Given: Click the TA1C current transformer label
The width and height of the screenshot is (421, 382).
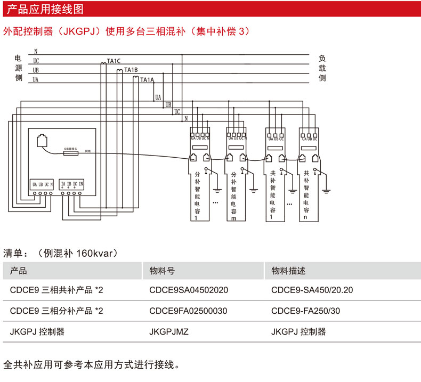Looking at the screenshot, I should [114, 61].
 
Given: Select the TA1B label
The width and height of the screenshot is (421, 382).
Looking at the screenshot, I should [131, 70].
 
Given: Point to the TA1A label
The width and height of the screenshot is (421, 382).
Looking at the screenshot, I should [147, 80].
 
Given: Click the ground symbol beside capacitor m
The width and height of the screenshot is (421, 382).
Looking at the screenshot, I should [254, 188].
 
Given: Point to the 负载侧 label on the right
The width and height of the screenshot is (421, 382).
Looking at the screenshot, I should [322, 69].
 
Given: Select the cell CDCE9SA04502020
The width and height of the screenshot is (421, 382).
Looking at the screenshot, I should [189, 291].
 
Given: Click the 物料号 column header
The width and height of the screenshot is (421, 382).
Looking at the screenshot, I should [162, 271].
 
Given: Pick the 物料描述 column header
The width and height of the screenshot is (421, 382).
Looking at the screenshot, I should [288, 271].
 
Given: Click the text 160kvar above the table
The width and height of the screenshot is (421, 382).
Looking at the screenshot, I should [96, 253].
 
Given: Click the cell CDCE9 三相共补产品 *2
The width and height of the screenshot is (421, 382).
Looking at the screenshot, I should [56, 291].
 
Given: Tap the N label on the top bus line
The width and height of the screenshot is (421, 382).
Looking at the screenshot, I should [35, 51].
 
